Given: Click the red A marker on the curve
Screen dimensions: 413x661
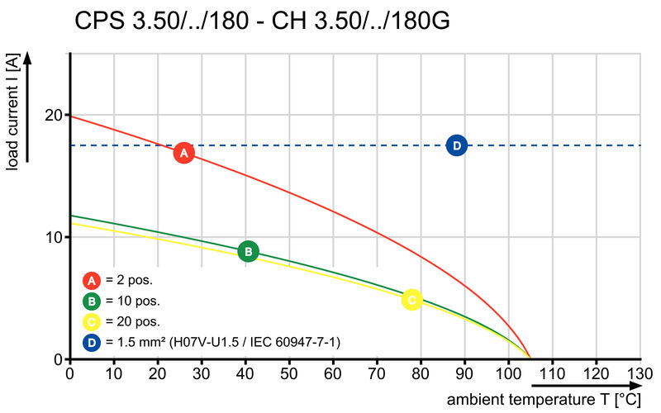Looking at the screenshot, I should (x=183, y=153).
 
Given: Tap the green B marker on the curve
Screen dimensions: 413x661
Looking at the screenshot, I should (x=248, y=252).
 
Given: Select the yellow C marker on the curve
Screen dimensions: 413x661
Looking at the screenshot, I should (x=411, y=299).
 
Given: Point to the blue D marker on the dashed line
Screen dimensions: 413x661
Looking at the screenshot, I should (x=456, y=145).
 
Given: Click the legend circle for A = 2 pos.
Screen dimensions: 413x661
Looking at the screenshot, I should (x=93, y=279).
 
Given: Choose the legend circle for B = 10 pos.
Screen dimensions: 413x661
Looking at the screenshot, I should (x=93, y=300).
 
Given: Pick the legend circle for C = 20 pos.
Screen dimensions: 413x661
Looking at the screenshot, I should (x=93, y=320).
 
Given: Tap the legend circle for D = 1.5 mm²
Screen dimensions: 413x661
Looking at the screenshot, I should (x=93, y=341).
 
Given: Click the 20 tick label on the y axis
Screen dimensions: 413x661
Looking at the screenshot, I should (x=55, y=115).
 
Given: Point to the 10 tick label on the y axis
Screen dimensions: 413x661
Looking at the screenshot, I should (x=55, y=237).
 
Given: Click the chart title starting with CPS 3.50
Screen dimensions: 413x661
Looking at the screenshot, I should (x=263, y=21).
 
